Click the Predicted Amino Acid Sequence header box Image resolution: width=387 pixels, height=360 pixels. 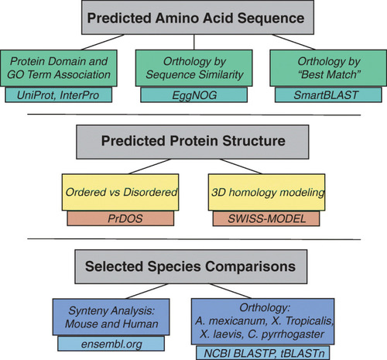(197, 17)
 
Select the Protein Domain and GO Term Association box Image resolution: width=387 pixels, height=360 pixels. (59, 68)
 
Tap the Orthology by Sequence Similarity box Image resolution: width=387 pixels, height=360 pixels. (194, 68)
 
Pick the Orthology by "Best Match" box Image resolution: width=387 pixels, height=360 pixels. (328, 68)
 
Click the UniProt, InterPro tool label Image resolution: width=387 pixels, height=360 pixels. (58, 95)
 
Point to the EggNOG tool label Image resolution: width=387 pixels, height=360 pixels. (194, 95)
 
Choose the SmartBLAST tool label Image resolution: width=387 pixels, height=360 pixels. (328, 95)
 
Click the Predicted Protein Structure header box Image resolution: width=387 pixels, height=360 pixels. (193, 142)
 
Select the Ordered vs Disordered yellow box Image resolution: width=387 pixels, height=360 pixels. (120, 192)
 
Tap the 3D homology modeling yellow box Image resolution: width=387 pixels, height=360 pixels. (267, 192)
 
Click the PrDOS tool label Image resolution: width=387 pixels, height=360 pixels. (121, 218)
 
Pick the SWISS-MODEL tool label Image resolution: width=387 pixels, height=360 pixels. (266, 218)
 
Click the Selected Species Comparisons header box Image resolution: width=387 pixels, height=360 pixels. (191, 266)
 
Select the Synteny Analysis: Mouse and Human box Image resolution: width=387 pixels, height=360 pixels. (111, 317)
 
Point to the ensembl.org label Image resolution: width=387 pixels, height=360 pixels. (111, 344)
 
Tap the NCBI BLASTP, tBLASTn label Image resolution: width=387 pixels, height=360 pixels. (263, 353)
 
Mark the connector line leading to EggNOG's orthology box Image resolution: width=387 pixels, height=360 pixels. (194, 42)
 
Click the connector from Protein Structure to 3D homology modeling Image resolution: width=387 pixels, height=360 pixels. (241, 166)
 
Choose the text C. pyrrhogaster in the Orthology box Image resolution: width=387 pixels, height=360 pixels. (286, 334)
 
